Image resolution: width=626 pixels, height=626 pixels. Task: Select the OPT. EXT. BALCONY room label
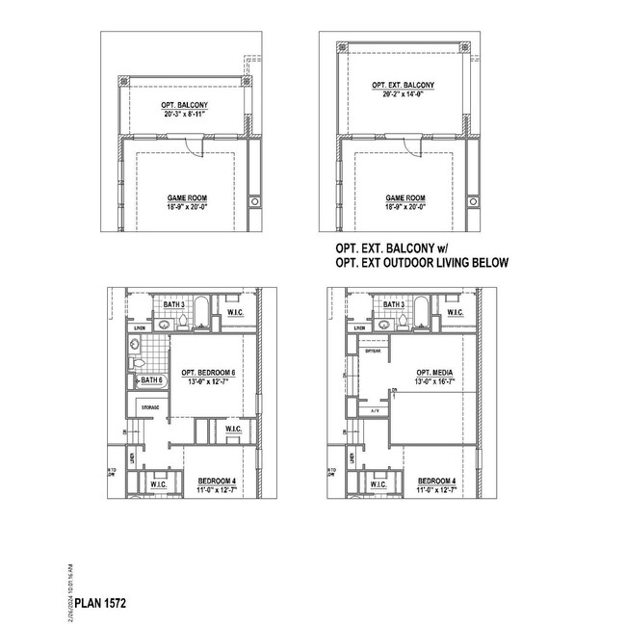(403, 85)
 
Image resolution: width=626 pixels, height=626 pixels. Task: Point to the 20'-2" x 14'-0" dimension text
(403, 94)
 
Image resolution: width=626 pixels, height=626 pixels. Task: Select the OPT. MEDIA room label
(428, 373)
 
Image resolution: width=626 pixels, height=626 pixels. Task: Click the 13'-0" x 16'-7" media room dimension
(428, 382)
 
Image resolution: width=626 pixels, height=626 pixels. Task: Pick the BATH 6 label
(152, 380)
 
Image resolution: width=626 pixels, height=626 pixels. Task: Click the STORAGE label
(150, 407)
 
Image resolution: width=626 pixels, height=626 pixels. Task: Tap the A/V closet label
(375, 410)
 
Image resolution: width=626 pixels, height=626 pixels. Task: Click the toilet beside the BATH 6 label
(136, 363)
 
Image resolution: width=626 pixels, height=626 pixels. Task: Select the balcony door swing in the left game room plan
(196, 144)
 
